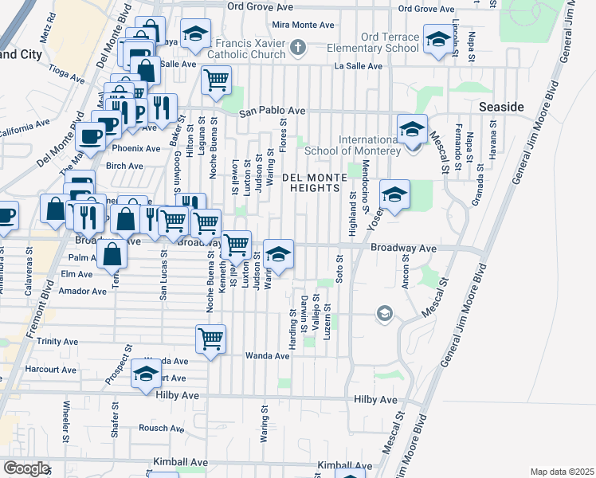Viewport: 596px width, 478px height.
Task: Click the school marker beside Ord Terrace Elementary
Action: [437, 40]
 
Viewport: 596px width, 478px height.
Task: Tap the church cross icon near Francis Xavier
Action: [298, 48]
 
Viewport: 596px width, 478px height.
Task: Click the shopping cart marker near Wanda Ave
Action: [211, 339]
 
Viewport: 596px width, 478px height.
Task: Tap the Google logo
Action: [26, 468]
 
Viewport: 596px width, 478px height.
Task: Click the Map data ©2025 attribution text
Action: [562, 472]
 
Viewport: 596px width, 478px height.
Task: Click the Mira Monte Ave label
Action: [303, 25]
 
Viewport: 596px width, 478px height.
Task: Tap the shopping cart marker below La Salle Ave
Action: [216, 80]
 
